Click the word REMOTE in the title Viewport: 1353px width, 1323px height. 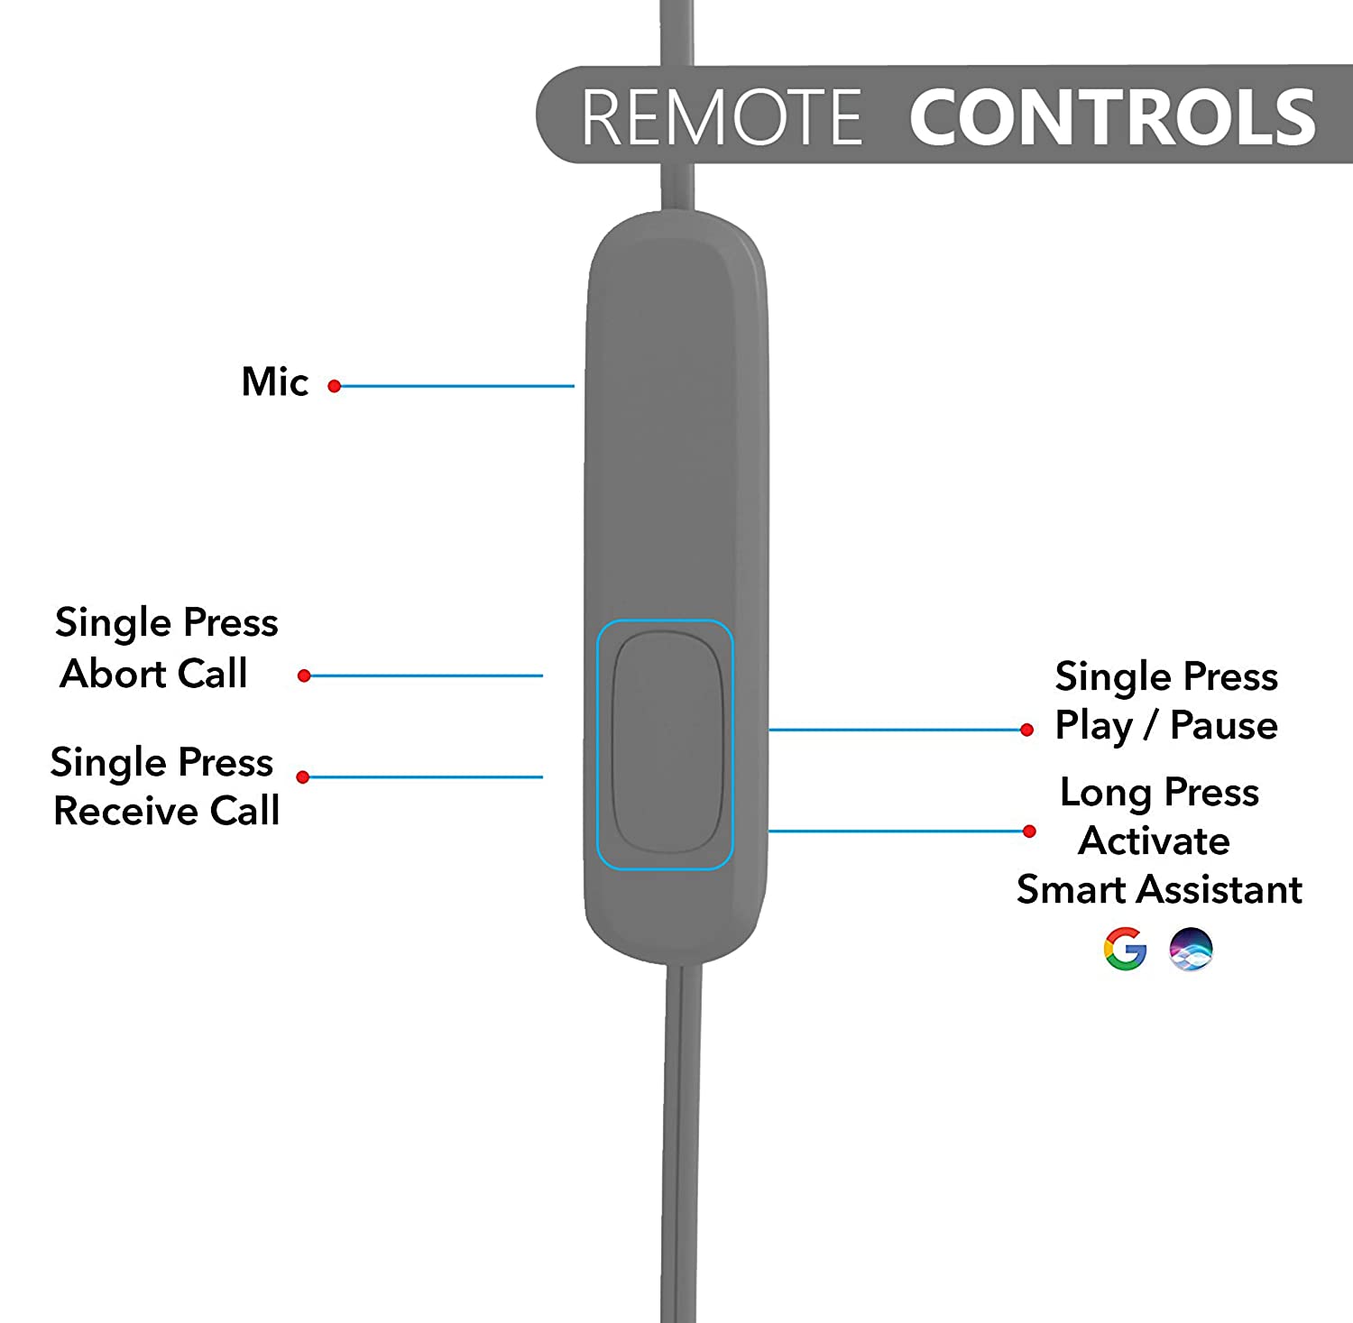pos(722,117)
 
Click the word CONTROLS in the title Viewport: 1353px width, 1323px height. pos(1113,117)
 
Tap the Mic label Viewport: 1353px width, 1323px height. pos(275,382)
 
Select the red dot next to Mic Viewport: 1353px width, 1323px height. pos(335,386)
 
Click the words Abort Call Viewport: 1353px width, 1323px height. pos(154,674)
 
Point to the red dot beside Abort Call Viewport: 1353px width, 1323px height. pos(305,675)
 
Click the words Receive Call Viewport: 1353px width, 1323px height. pos(167,811)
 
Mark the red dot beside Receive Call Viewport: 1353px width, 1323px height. pos(303,776)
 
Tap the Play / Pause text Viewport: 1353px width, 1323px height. pos(1166,726)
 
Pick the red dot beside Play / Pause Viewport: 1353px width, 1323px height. pos(1026,730)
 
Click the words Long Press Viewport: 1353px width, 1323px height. pos(1160,793)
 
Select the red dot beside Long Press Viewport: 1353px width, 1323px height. pos(1029,831)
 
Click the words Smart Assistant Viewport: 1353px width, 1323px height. pos(1160,890)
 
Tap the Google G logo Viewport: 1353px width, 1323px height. pos(1125,949)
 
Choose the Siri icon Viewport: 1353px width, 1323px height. pos(1191,949)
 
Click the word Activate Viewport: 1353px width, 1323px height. pos(1155,841)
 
